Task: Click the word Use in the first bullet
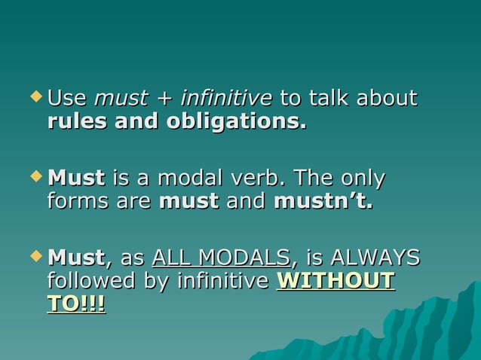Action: (x=67, y=99)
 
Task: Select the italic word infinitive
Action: (x=227, y=99)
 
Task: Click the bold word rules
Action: (x=77, y=121)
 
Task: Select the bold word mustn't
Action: (x=323, y=201)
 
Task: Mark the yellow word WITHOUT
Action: (x=336, y=281)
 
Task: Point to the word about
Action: (x=387, y=99)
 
